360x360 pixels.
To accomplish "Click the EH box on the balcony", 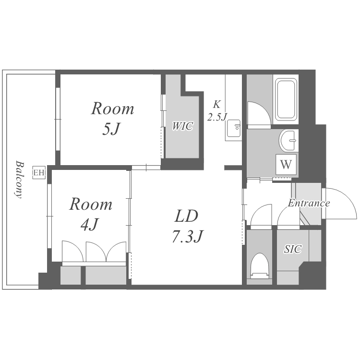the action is [38, 172].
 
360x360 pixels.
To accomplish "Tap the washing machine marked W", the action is [286, 164].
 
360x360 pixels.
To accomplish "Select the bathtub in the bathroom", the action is [286, 100].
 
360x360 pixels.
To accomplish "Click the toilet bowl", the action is [259, 266].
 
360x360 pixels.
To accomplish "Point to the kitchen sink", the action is [234, 128].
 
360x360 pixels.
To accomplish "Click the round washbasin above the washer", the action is [288, 140].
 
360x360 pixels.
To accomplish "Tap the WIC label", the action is [182, 126].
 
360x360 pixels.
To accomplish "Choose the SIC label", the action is [293, 249].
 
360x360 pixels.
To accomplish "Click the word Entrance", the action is [309, 203].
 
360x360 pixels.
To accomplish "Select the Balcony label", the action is [19, 180].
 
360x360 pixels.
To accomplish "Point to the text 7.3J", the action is [188, 236].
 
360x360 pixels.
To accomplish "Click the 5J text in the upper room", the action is [111, 129].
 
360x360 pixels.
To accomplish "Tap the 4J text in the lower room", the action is [90, 224].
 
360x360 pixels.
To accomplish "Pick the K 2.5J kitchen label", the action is [217, 110].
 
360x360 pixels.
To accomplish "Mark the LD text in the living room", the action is [186, 216].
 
